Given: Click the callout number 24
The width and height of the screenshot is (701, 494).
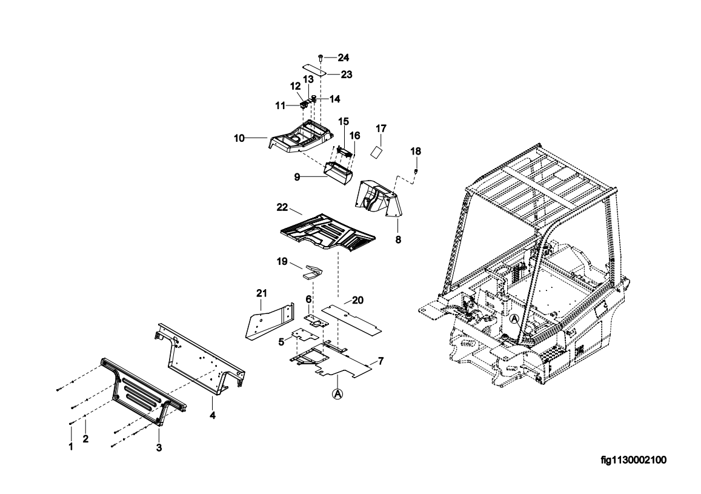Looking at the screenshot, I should pyautogui.click(x=344, y=58).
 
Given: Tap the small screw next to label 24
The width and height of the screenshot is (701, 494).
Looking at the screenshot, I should pyautogui.click(x=320, y=57).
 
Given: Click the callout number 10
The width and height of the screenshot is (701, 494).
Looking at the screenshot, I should pyautogui.click(x=239, y=138).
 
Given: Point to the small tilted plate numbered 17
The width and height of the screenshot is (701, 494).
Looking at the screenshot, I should pyautogui.click(x=376, y=150).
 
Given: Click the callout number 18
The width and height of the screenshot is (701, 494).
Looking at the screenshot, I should pyautogui.click(x=416, y=151).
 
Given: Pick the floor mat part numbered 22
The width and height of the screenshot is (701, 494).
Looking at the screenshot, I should pyautogui.click(x=327, y=233).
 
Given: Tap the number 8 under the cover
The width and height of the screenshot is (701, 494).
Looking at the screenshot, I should pyautogui.click(x=398, y=240).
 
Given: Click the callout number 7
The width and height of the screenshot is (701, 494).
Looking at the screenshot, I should pyautogui.click(x=380, y=362).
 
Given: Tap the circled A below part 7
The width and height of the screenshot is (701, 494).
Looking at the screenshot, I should pyautogui.click(x=337, y=393).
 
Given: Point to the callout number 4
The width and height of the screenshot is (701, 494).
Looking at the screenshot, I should pyautogui.click(x=213, y=415).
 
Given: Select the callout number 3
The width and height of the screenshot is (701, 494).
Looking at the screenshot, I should pyautogui.click(x=159, y=448).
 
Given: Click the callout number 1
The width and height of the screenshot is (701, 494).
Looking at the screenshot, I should pyautogui.click(x=71, y=447).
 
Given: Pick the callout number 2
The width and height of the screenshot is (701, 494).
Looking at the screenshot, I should pyautogui.click(x=86, y=439).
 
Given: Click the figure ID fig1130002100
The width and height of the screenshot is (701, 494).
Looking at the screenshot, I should pyautogui.click(x=633, y=460).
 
